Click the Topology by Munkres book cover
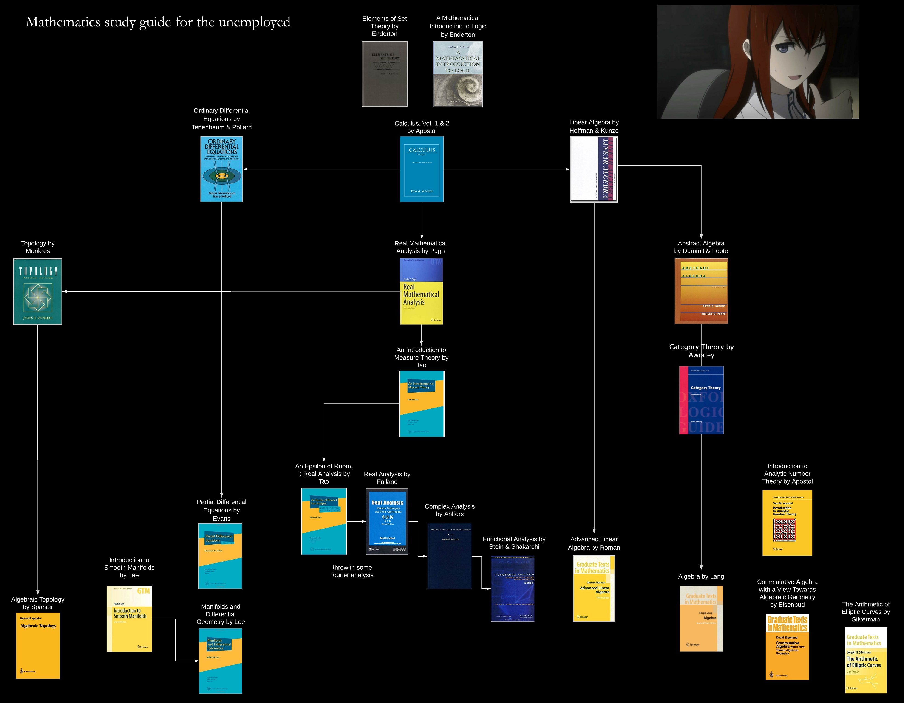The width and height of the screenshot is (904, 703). coord(38,291)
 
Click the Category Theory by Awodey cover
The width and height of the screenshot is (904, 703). coord(701,400)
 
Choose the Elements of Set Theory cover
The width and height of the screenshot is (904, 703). coord(385,74)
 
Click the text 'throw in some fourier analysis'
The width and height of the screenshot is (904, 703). coord(352,571)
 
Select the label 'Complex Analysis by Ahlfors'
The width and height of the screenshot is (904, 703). coord(450,510)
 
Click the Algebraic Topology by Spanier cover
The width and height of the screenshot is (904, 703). coord(38,645)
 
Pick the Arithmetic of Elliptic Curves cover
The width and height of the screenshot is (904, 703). coord(865,660)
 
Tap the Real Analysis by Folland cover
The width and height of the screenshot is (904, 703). coord(387,521)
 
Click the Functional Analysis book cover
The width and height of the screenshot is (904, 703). coord(513,588)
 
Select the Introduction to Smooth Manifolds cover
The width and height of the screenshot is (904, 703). coord(129,619)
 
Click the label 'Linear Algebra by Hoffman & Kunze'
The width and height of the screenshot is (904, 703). coord(594,126)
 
